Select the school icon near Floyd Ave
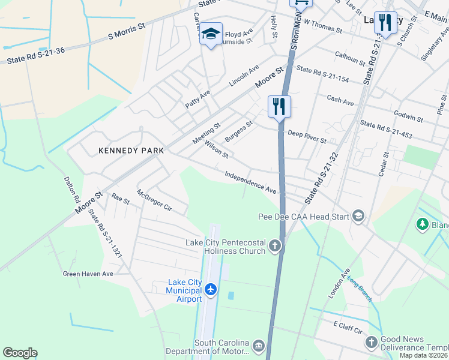click(x=211, y=34)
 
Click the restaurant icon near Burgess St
click(x=279, y=106)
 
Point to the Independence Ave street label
click(x=250, y=182)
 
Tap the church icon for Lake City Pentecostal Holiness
click(x=275, y=245)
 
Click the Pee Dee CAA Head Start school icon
click(x=358, y=216)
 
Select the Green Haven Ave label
click(x=88, y=274)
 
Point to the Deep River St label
click(x=307, y=137)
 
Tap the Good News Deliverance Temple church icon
click(x=371, y=343)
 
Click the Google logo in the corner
click(x=20, y=353)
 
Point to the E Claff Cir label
click(x=349, y=327)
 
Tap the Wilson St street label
click(x=217, y=150)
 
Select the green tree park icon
click(x=422, y=224)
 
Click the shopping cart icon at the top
click(x=301, y=2)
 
